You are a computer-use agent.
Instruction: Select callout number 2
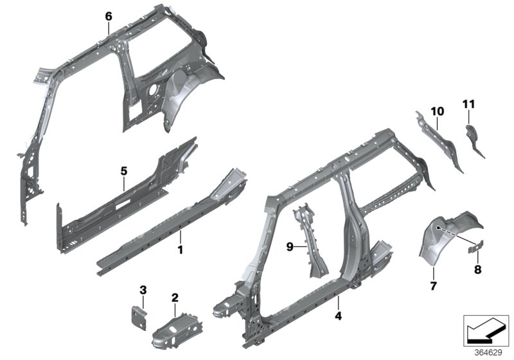click(174, 296)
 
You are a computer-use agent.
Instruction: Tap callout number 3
click(143, 291)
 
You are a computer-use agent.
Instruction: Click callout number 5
click(124, 170)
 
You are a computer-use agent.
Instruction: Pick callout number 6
click(109, 15)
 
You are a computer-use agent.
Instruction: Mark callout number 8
click(477, 270)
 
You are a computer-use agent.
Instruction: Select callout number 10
click(437, 111)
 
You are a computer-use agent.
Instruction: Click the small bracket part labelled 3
click(138, 316)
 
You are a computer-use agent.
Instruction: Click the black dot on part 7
click(438, 227)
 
